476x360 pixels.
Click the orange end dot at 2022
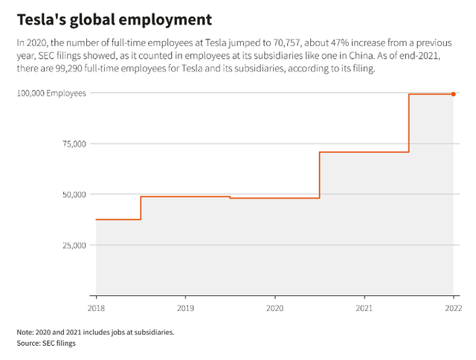pyautogui.click(x=454, y=94)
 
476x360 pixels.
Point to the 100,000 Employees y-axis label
pyautogui.click(x=53, y=93)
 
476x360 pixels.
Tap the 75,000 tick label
pyautogui.click(x=74, y=144)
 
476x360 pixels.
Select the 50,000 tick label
pyautogui.click(x=74, y=194)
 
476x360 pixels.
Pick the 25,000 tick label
pyautogui.click(x=74, y=245)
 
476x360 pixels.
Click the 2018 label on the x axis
pyautogui.click(x=96, y=306)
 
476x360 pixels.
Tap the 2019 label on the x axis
pyautogui.click(x=185, y=306)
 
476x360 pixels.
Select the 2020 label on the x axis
pyautogui.click(x=274, y=306)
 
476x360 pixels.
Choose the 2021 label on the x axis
pyautogui.click(x=364, y=306)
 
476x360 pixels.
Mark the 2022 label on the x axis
pyautogui.click(x=452, y=306)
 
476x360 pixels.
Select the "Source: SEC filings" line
pyautogui.click(x=46, y=344)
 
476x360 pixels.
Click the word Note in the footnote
pyautogui.click(x=25, y=332)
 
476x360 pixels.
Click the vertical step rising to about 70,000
pyautogui.click(x=319, y=175)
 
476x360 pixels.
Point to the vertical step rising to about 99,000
pyautogui.click(x=409, y=123)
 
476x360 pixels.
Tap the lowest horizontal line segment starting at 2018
pyautogui.click(x=118, y=219)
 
